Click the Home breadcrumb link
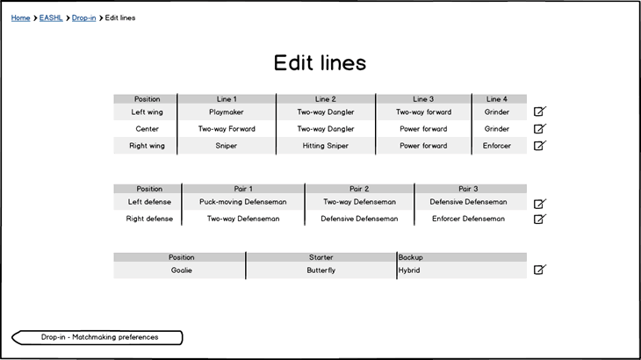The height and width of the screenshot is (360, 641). tap(20, 18)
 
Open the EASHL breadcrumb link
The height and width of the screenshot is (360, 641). tap(51, 18)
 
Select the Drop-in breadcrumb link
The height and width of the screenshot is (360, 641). tap(83, 18)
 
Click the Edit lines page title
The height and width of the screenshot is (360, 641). tap(320, 62)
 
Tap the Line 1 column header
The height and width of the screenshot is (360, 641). tap(227, 99)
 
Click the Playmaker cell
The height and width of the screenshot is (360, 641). tap(226, 112)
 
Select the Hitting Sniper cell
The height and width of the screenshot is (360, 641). tap(326, 146)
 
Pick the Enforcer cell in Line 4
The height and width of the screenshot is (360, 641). tap(497, 146)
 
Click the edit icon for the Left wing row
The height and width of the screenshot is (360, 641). tap(540, 112)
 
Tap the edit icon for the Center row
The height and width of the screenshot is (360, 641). tap(540, 129)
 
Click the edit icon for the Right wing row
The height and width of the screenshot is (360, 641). tap(540, 146)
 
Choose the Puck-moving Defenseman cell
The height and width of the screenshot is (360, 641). tap(243, 202)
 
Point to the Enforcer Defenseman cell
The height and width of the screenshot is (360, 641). tap(468, 219)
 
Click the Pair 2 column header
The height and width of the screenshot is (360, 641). tap(359, 189)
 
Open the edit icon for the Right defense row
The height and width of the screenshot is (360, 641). tap(540, 219)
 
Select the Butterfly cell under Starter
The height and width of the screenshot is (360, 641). tap(320, 270)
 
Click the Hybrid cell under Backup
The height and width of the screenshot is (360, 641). tap(409, 270)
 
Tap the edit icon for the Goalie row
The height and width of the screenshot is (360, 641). tap(540, 270)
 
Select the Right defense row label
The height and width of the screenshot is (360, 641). tap(149, 219)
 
